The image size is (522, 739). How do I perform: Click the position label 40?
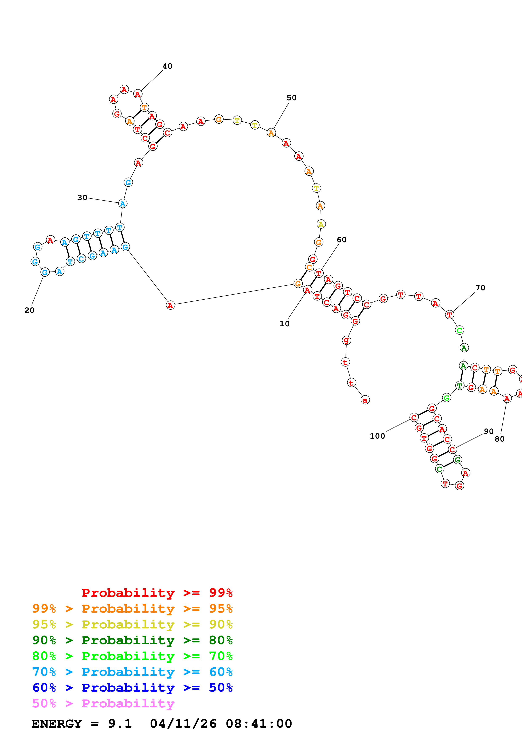point(167,66)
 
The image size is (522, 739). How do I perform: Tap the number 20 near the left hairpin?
point(29,310)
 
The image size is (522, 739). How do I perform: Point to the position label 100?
point(377,436)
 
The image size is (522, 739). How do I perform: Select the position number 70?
point(480,288)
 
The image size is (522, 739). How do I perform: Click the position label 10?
point(284,324)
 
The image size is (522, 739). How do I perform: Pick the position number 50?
point(291,98)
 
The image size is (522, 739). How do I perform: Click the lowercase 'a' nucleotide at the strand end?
point(365,400)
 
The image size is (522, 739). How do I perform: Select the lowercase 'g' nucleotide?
point(346,340)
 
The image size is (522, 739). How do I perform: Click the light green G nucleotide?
point(446,398)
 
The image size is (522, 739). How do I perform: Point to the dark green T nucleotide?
point(460,386)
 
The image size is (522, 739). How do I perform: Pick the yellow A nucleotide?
point(321,224)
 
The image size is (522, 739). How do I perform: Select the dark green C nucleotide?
point(439,469)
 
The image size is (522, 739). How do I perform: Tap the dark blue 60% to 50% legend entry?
point(132,688)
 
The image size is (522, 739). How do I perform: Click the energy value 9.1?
point(120,724)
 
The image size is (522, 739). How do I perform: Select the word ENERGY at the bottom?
point(57,724)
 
